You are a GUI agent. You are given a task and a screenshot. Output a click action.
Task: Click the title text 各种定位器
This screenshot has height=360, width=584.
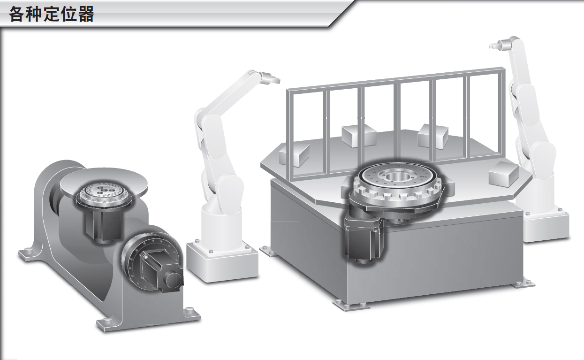[x=51, y=14]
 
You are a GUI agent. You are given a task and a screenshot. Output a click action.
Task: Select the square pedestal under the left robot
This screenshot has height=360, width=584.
[x=222, y=261]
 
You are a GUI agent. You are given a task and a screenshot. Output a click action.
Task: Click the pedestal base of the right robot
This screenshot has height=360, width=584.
[x=546, y=225]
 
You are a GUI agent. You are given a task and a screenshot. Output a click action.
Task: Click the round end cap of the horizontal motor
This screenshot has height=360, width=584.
[x=174, y=280]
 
